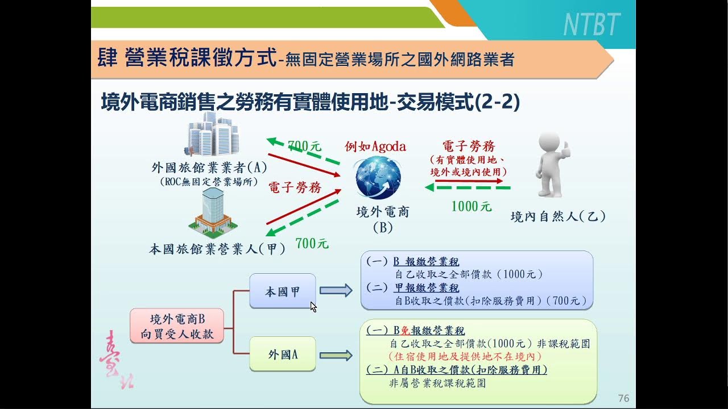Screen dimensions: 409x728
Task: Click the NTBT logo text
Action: pyautogui.click(x=591, y=24)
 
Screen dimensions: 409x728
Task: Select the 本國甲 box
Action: pyautogui.click(x=283, y=291)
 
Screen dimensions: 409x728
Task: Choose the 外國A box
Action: pyautogui.click(x=283, y=354)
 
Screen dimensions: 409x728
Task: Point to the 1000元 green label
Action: pyautogui.click(x=471, y=206)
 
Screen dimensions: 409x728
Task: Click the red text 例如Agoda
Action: pyautogui.click(x=375, y=146)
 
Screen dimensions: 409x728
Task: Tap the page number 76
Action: pyautogui.click(x=623, y=398)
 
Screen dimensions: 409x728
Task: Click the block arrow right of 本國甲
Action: pyautogui.click(x=336, y=291)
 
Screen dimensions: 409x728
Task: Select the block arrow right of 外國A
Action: pyautogui.click(x=336, y=355)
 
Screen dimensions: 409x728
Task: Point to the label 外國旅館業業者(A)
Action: pyautogui.click(x=209, y=168)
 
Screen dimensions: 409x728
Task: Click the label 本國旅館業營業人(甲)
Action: pyautogui.click(x=217, y=249)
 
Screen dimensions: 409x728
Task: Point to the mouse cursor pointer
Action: pyautogui.click(x=313, y=307)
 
